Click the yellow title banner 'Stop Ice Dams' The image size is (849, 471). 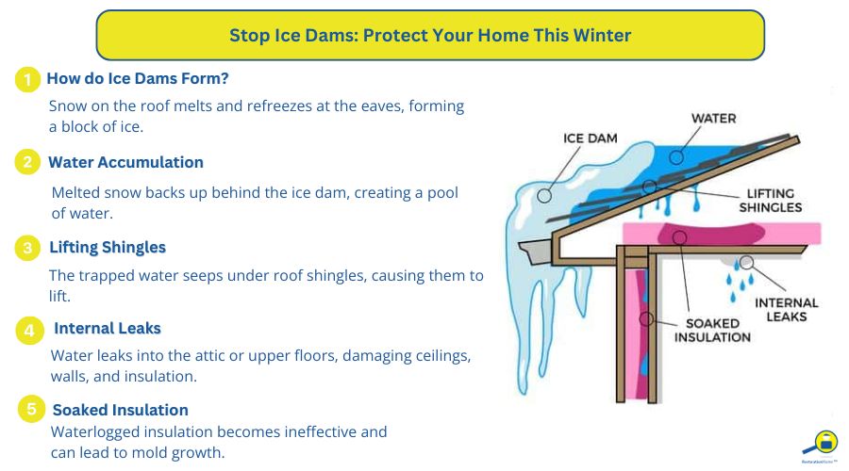tap(430, 36)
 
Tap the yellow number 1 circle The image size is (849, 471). tap(27, 80)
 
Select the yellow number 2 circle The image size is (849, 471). tap(27, 162)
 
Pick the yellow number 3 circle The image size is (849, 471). tap(27, 248)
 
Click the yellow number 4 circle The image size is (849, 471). tap(30, 330)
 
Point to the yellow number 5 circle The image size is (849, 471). tap(31, 410)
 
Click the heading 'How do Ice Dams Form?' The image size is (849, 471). tap(138, 78)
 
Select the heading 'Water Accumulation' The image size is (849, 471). tap(125, 162)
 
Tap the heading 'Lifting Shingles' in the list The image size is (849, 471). tap(108, 247)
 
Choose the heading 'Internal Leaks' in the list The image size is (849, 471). tap(108, 329)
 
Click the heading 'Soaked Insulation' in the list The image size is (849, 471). tap(121, 410)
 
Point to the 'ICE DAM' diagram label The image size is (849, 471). tap(591, 138)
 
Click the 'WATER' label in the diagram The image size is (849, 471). tap(713, 119)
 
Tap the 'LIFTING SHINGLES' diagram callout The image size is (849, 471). tap(771, 200)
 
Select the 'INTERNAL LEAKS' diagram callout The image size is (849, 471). tap(787, 310)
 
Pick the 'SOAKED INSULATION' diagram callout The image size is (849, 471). tap(717, 330)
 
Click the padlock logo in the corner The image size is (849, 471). tap(824, 442)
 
